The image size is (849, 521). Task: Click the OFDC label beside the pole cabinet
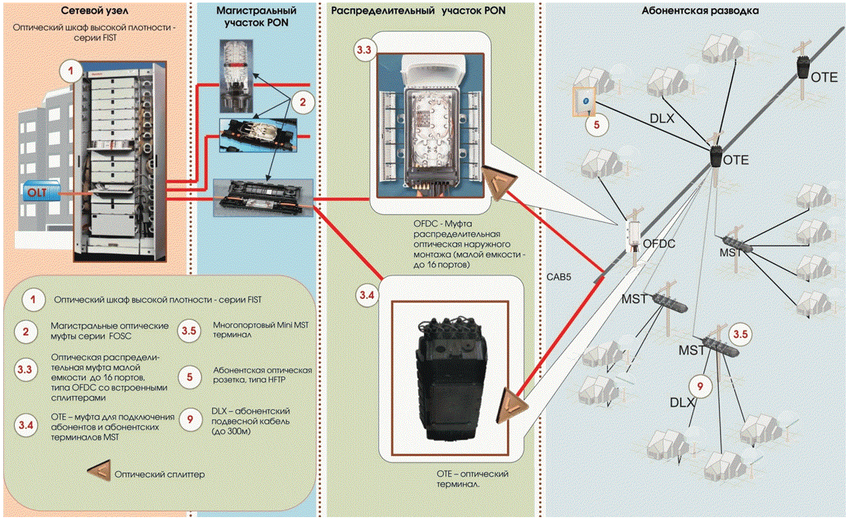click(x=659, y=244)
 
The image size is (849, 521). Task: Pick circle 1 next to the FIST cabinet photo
click(x=71, y=71)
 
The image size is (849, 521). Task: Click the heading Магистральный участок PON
click(x=256, y=17)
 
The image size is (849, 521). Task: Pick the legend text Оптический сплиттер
click(x=160, y=474)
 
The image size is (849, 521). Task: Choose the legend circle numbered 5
click(x=189, y=377)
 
